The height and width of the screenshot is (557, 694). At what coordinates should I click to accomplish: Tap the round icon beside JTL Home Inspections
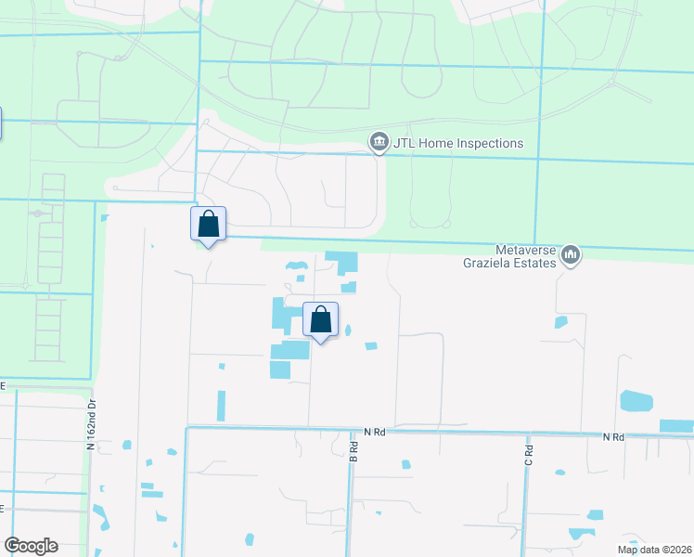pos(379,143)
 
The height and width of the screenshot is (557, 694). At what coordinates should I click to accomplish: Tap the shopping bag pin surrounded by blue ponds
pos(320,320)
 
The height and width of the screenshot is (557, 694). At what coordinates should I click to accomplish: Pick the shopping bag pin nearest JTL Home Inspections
pos(208,224)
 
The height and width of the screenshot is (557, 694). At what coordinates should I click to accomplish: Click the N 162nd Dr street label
pos(92,425)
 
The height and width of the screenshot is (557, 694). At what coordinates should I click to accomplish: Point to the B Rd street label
pos(353,451)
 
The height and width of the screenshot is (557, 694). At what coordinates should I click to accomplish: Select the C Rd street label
pos(527,455)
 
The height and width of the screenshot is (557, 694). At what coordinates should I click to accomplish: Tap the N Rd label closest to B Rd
pos(374,432)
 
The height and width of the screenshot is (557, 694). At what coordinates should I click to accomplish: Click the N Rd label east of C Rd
pos(612,436)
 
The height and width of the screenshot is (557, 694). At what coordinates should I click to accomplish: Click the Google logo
pos(31,546)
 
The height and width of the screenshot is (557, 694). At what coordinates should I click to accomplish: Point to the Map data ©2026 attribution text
pos(654,550)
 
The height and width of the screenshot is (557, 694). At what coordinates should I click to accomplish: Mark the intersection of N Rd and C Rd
pos(527,434)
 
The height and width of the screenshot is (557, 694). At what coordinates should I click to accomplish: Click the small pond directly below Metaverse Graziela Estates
pos(560,322)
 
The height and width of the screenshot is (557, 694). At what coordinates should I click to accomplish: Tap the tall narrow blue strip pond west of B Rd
pos(221,406)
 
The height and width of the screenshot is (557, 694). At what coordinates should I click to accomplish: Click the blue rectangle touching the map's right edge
pos(676,426)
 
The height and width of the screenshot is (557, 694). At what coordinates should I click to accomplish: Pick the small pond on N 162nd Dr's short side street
pos(126,445)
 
